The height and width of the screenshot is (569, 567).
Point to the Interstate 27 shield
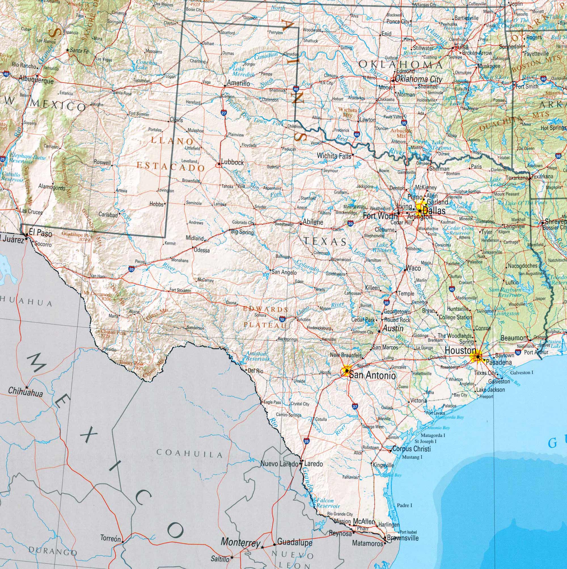pos(224,112)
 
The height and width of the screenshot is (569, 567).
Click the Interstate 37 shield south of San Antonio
pos(355,406)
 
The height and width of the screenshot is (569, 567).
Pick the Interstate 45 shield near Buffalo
pos(452,289)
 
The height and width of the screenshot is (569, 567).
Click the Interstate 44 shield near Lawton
pos(357,134)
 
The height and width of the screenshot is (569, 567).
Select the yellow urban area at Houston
pos(476,357)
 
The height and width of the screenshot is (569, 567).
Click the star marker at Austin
pos(379,332)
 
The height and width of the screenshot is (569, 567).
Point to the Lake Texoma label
pos(441,145)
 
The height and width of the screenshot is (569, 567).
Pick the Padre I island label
pos(404,505)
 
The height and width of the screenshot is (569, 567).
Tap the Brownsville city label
pos(402,538)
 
